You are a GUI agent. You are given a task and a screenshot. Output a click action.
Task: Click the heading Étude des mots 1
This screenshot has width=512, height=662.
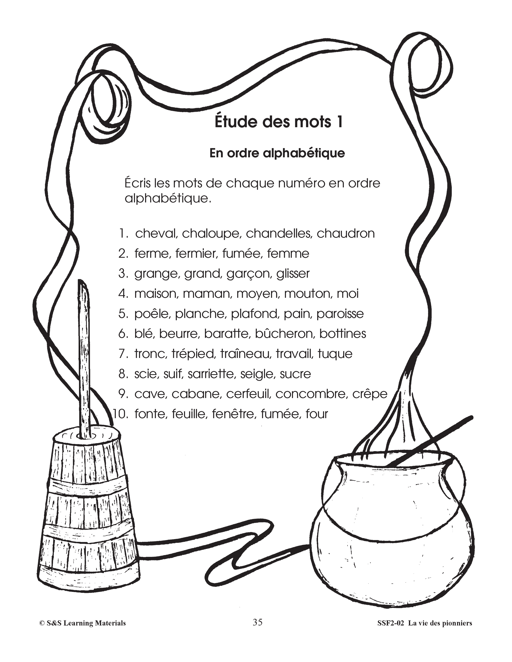tap(279, 122)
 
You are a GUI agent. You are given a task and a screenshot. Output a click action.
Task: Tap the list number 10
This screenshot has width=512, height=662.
tap(121, 414)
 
